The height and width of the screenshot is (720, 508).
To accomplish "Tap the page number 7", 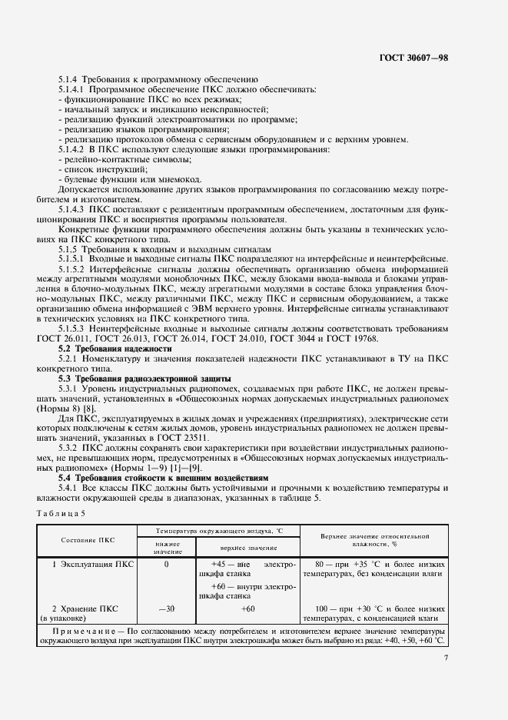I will coord(445,657).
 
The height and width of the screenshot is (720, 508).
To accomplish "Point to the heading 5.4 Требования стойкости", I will coord(164,478).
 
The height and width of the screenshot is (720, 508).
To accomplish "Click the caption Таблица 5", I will coord(63,512).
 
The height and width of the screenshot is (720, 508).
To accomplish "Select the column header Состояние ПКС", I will coord(88,540).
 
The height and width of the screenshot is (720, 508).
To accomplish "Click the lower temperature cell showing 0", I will coord(166,565).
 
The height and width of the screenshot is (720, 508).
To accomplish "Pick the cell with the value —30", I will coord(166,608).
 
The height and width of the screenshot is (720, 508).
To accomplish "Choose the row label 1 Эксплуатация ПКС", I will coord(92,565).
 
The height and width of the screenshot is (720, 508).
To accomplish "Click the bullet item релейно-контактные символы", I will coord(111,158).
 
